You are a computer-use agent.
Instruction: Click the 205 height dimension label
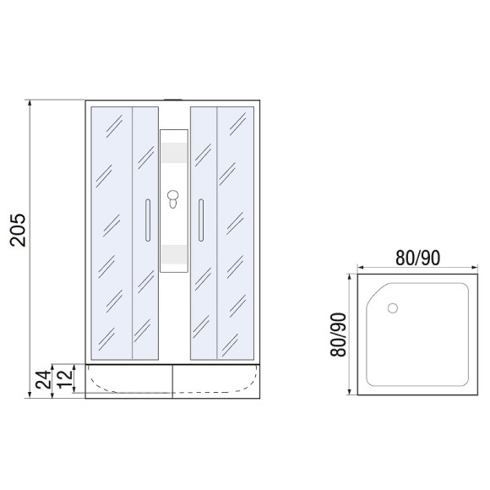[x=18, y=230]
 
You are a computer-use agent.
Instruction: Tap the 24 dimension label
[x=43, y=379]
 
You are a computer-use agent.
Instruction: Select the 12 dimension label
[x=65, y=379]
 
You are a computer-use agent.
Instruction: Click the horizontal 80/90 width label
[x=417, y=258]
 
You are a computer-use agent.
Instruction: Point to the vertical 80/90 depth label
[x=339, y=335]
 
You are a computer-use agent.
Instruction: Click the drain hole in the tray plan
[x=393, y=308]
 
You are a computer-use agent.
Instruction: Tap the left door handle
[x=148, y=220]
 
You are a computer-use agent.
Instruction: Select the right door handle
[x=201, y=220]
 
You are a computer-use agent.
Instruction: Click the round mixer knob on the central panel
[x=173, y=195]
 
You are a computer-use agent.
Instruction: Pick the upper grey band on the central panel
[x=174, y=153]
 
